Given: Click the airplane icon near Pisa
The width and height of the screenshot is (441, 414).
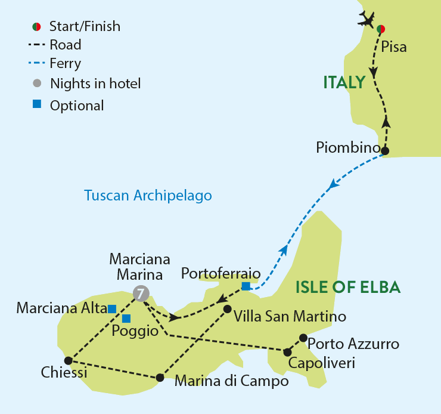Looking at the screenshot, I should point(369,19).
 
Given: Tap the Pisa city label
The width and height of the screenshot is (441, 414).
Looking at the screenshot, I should point(395,47).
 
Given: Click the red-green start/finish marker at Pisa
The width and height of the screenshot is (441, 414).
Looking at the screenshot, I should point(381,28).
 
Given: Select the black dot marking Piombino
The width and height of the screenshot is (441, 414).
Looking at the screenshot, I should point(385,151).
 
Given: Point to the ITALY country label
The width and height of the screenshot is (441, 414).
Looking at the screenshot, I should point(344,82).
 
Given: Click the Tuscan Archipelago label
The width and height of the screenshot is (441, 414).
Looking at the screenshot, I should point(148,195).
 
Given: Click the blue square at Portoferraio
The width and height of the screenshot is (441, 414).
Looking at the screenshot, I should point(246,287).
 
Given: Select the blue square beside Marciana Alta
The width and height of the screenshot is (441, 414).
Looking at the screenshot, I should point(111,308).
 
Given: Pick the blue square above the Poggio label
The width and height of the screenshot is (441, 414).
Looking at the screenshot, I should point(126,318).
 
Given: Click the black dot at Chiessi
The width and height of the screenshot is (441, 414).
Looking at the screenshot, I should point(68,360).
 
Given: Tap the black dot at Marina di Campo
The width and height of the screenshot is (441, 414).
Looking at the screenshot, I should point(160,378).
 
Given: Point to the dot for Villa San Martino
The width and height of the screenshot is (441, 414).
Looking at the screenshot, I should point(227,309).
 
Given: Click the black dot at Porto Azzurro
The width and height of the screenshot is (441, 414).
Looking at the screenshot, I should point(303,337).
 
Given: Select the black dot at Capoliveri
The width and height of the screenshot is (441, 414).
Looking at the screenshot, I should point(287,352).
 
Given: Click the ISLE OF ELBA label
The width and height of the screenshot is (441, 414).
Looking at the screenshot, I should point(348,288).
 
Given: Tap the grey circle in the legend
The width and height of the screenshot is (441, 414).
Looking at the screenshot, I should point(37,83).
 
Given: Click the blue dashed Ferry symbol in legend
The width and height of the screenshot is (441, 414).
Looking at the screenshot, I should point(37,63).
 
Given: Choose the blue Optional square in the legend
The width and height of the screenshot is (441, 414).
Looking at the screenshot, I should point(37,104).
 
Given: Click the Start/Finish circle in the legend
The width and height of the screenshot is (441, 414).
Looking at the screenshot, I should point(37,26).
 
